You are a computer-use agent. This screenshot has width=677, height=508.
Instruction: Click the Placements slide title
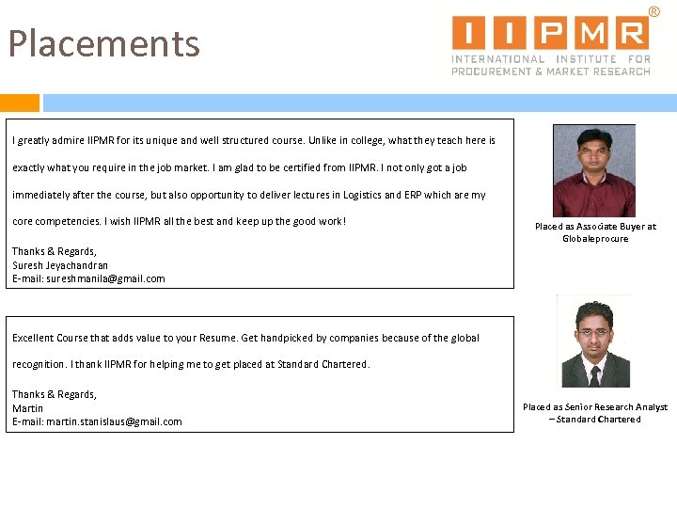[x=104, y=44]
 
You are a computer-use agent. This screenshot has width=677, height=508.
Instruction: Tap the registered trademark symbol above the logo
[x=654, y=10]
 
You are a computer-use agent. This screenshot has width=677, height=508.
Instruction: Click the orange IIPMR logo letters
[x=550, y=33]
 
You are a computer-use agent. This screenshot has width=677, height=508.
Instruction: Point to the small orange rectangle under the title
[x=20, y=103]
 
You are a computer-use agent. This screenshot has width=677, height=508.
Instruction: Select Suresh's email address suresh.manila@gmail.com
[x=88, y=278]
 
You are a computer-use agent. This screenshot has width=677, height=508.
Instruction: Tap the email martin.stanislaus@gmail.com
[x=97, y=421]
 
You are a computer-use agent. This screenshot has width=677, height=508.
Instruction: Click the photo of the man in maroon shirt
[x=593, y=171]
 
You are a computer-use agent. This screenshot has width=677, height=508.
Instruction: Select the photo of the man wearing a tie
[x=594, y=341]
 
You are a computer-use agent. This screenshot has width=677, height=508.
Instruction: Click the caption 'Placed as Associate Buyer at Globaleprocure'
[x=595, y=232]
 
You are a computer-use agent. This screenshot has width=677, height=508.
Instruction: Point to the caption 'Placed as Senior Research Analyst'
[x=595, y=407]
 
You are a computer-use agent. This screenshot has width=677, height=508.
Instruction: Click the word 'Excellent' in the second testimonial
[x=33, y=338]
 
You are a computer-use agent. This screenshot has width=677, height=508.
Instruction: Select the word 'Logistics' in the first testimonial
[x=405, y=196]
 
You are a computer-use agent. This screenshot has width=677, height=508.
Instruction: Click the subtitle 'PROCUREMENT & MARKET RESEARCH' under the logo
[x=550, y=71]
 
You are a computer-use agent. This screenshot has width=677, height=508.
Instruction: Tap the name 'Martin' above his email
[x=27, y=408]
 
